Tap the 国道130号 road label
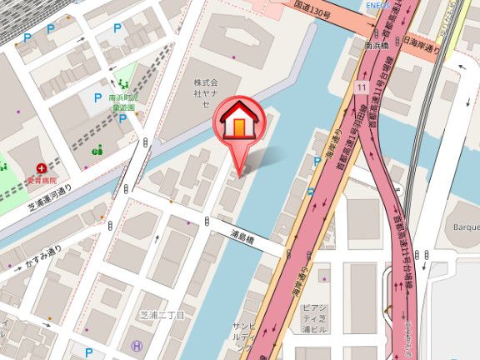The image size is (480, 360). click(x=312, y=14)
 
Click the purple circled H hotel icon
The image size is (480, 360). click(x=137, y=345)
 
